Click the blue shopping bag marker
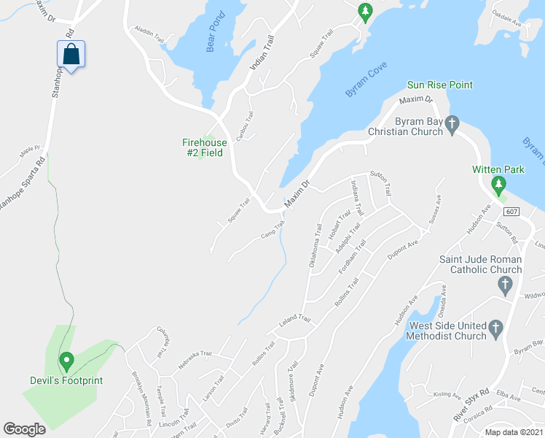coord(71,55)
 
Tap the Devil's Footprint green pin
coord(66,361)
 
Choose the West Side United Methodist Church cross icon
coord(495,326)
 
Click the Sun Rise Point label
coord(439,85)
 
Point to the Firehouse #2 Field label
coord(205,147)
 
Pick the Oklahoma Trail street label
coord(315,250)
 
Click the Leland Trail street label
coord(294,320)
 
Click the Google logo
coord(25,429)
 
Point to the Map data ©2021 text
coord(514,432)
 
